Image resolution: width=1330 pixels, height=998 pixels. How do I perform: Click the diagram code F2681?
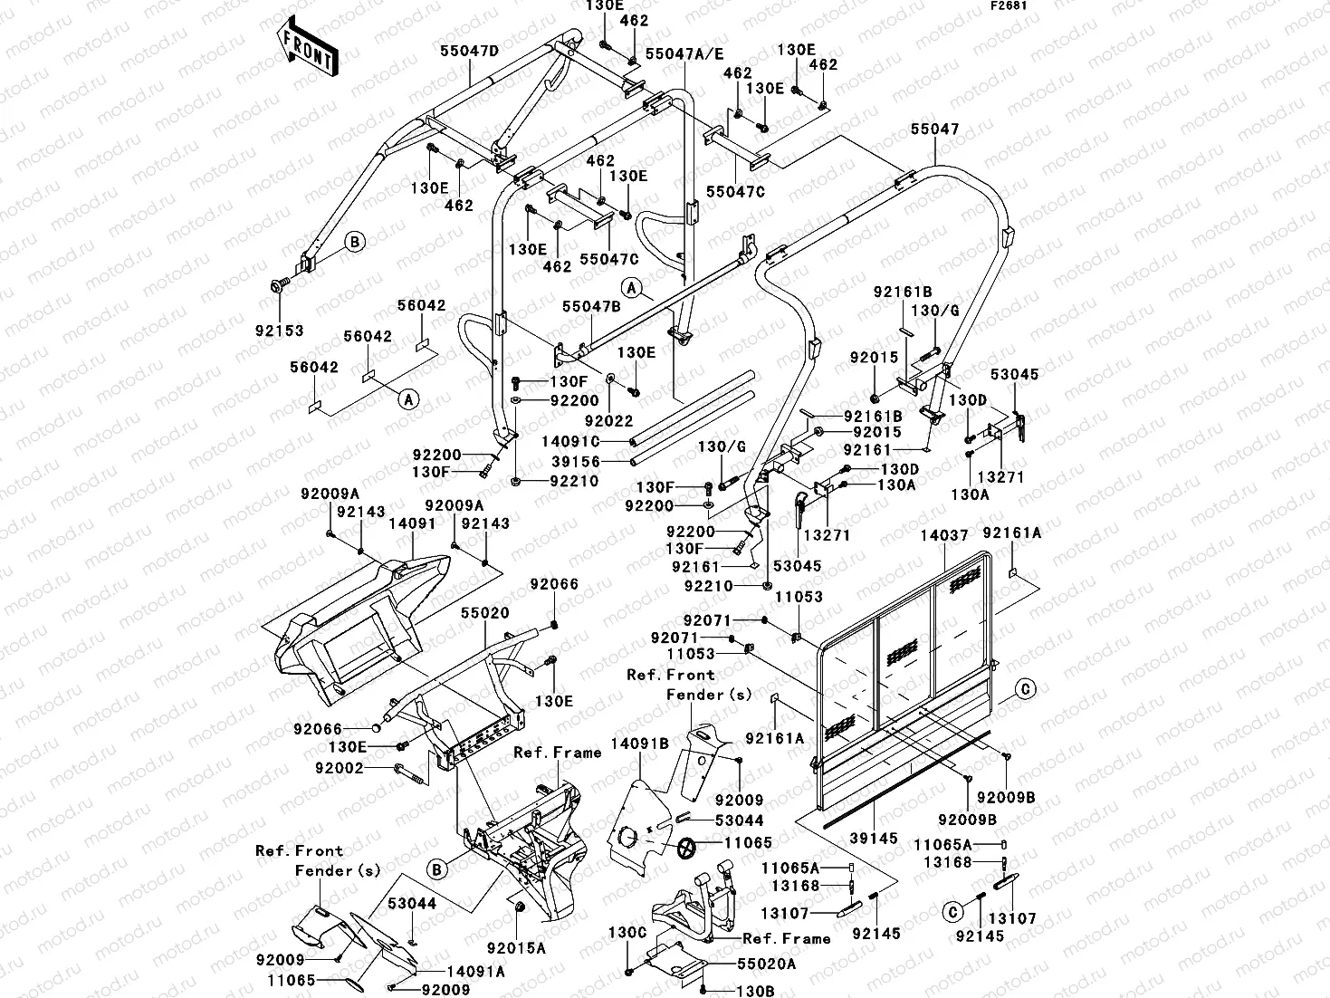click(x=1007, y=6)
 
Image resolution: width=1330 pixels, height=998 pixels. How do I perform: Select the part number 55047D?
click(x=469, y=51)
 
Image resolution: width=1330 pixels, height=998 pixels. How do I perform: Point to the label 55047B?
click(x=591, y=307)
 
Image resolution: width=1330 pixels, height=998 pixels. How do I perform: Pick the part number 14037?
click(x=944, y=536)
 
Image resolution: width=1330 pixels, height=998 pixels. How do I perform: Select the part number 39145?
click(x=875, y=840)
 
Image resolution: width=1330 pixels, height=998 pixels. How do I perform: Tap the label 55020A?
click(x=767, y=965)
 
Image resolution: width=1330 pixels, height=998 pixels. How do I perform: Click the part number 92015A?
click(x=516, y=948)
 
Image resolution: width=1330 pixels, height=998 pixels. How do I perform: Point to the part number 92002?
click(x=339, y=768)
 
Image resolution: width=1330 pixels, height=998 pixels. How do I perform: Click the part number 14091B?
click(x=639, y=744)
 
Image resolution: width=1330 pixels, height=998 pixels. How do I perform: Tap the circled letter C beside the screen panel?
click(x=1025, y=689)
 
